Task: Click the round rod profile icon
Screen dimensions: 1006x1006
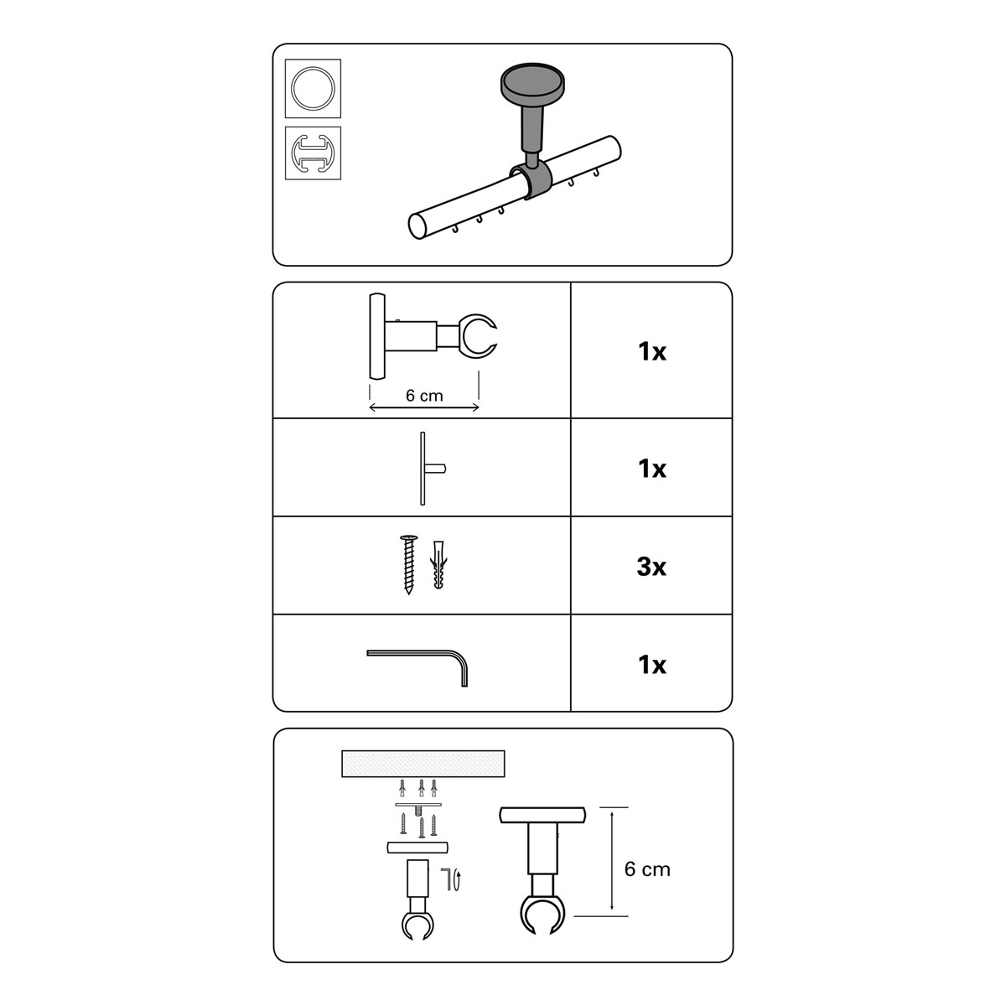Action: pyautogui.click(x=313, y=88)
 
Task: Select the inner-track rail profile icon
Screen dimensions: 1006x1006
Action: pyautogui.click(x=313, y=153)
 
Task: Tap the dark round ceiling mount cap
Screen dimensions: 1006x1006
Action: pyautogui.click(x=532, y=84)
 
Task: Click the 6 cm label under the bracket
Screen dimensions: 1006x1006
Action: pyautogui.click(x=424, y=396)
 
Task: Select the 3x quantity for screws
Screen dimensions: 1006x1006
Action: pyautogui.click(x=651, y=567)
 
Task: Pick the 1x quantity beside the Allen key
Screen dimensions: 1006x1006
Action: pyautogui.click(x=651, y=665)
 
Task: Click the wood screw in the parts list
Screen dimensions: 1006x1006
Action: pyautogui.click(x=409, y=564)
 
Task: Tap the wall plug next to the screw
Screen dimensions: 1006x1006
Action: pyautogui.click(x=438, y=565)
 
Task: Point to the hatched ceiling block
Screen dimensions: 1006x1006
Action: pyautogui.click(x=423, y=764)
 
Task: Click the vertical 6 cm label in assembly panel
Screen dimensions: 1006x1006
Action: pyautogui.click(x=647, y=869)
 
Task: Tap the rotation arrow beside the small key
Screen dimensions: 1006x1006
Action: pyautogui.click(x=458, y=881)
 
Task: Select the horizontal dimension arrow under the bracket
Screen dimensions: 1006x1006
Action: pyautogui.click(x=424, y=407)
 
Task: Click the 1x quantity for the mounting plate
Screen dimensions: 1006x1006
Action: pyautogui.click(x=651, y=469)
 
